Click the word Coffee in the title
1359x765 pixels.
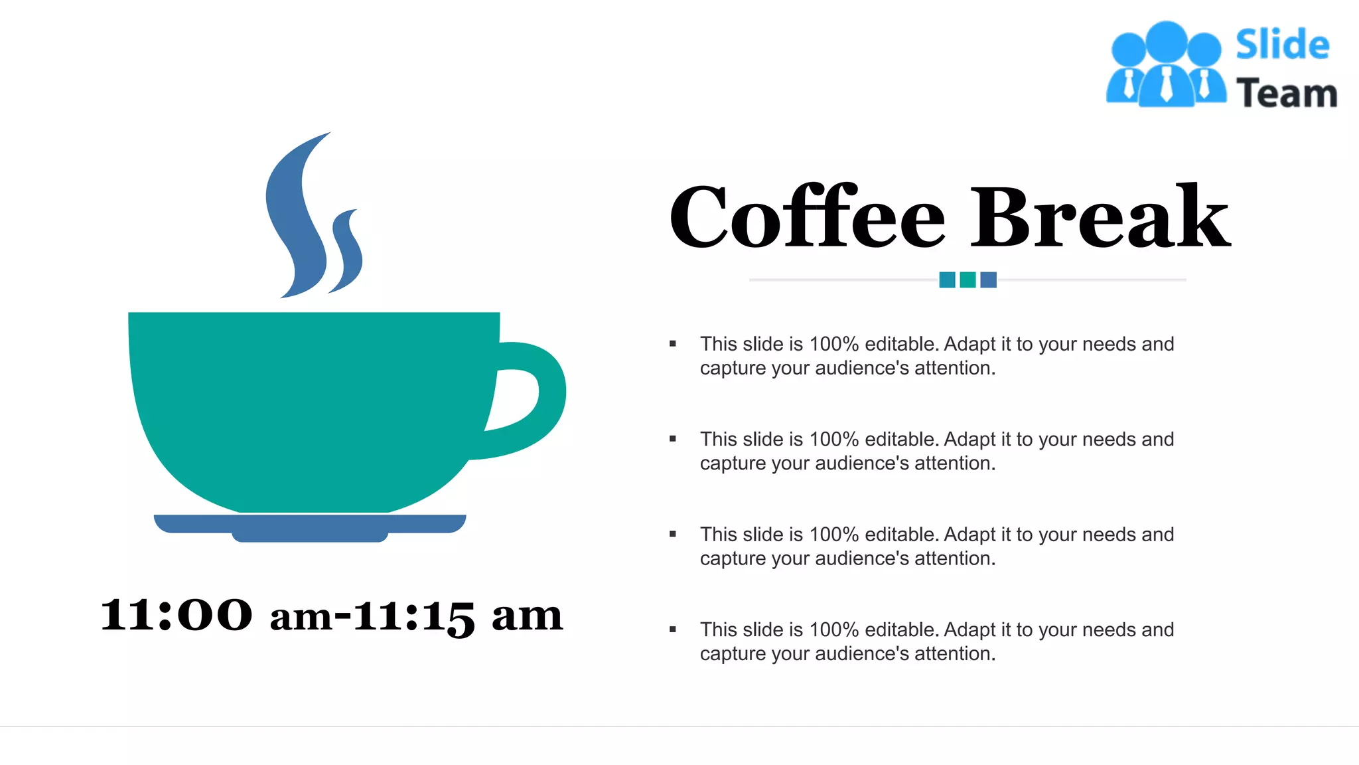[x=806, y=218]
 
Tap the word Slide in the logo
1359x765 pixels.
[x=1282, y=45]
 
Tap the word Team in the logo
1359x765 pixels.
[x=1286, y=93]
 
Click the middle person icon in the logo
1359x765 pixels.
[x=1166, y=66]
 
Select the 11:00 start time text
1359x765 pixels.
[x=177, y=615]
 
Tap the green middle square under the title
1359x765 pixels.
[x=967, y=280]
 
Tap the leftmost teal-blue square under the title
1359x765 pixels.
[x=947, y=280]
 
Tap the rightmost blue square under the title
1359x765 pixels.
[x=988, y=280]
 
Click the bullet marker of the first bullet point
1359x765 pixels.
[x=673, y=344]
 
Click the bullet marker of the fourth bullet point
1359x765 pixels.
[x=673, y=630]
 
